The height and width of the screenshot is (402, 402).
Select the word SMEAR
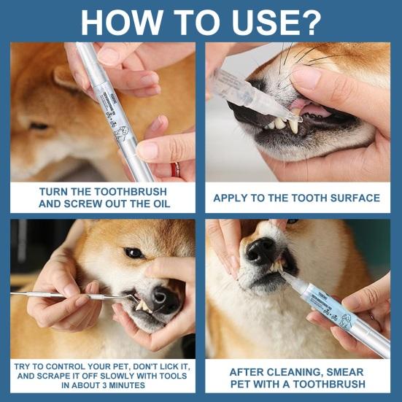tap(344, 371)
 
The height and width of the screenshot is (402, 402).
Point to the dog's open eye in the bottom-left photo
tap(134, 252)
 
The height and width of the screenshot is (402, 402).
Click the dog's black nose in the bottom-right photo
tap(260, 252)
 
